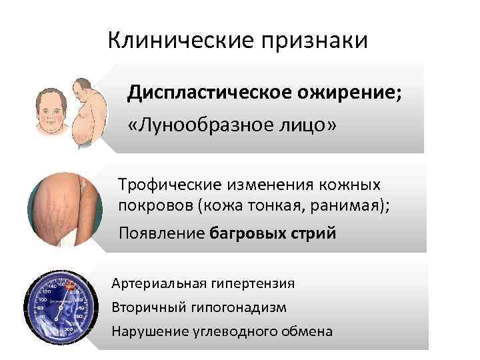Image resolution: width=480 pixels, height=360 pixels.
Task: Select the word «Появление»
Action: [161, 233]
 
